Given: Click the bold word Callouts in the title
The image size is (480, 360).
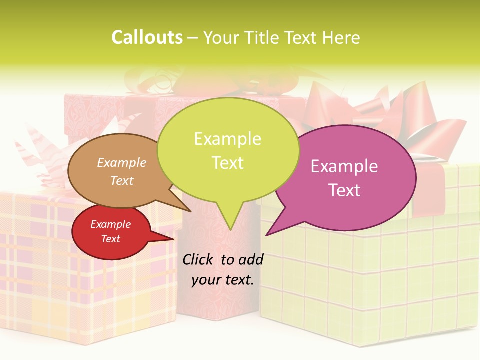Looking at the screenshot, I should coord(147,38).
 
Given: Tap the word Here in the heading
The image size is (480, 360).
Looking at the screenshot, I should coord(341,38).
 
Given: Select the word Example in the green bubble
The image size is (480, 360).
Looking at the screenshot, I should coord(227,139).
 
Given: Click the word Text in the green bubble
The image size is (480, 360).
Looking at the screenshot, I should coord(227,163).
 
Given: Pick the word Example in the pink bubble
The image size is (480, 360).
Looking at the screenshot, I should coord(344,166).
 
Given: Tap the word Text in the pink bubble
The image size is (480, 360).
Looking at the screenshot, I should coord(344,190).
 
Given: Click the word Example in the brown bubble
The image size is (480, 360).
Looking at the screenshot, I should coord(122,162).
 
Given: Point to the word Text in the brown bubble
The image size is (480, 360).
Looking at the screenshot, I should coord(122,180).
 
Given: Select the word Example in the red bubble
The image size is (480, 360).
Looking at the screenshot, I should coord(110,224).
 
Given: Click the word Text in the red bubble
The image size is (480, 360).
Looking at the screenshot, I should coord(110,239).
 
